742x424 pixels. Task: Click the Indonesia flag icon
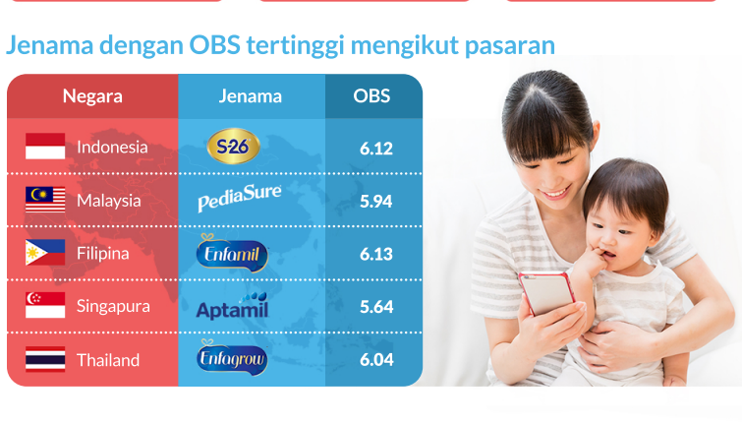(45, 146)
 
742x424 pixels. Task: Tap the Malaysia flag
(45, 200)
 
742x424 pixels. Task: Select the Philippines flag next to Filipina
(45, 252)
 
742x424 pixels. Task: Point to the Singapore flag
(45, 305)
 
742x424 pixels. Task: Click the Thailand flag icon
(45, 359)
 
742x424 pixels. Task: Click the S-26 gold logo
(233, 146)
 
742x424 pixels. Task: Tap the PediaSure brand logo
(240, 198)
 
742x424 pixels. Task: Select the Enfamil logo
(232, 253)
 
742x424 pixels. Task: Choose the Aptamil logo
(232, 306)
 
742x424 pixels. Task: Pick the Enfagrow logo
(232, 358)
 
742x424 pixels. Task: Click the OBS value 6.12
(376, 149)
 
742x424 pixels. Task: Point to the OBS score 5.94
(376, 202)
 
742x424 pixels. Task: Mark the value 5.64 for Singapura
(376, 307)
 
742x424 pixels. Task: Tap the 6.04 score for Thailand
(376, 360)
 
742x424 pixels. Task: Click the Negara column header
(92, 96)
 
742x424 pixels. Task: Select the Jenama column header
(251, 96)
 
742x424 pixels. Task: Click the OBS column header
(371, 95)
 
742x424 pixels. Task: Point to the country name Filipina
(102, 254)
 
